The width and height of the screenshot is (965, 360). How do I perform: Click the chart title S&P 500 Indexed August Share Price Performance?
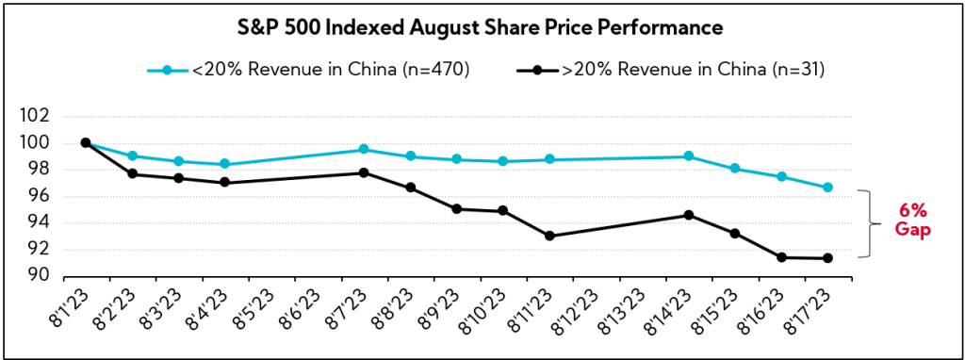[482, 28]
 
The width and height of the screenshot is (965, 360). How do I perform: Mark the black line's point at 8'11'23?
[549, 236]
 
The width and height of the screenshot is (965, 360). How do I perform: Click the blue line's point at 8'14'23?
[689, 156]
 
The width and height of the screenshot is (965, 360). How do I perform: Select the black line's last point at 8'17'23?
[827, 258]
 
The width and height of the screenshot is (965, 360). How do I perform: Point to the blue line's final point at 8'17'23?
[827, 188]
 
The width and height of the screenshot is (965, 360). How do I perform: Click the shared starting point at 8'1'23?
[86, 142]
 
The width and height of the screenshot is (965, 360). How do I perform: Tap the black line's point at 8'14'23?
[689, 215]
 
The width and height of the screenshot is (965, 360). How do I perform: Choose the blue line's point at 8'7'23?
[364, 150]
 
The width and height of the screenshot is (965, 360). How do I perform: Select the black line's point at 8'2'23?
[132, 173]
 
